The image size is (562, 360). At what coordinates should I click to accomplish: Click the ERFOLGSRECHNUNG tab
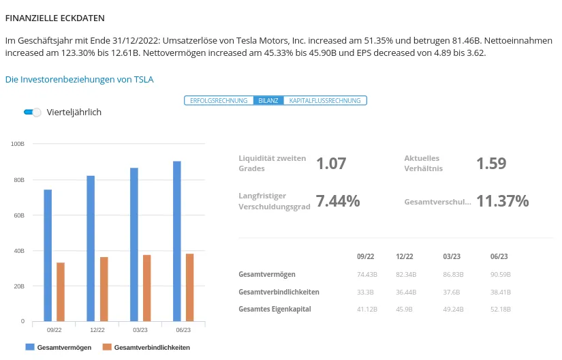coord(219,100)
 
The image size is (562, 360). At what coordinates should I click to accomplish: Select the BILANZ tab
coord(268,100)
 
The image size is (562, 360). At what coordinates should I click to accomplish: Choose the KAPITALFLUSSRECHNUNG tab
coord(325,100)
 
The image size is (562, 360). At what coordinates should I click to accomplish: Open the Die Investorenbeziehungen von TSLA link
coord(79,79)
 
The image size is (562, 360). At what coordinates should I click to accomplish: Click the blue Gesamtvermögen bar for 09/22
coord(48,255)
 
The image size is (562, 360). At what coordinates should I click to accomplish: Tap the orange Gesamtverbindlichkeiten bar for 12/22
coord(104,288)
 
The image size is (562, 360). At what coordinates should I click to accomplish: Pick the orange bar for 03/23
coord(146,287)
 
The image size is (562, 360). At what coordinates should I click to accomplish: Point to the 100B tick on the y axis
coord(18,145)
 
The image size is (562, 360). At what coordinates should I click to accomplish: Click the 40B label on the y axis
coord(18,251)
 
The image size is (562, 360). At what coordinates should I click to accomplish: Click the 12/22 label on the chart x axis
coord(97,330)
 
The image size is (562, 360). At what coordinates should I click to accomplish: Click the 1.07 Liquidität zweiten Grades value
coord(331,164)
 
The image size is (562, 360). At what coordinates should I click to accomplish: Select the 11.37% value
coord(502,201)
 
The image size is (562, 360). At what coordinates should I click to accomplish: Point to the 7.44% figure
coord(338,201)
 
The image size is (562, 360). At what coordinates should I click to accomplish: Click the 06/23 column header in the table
coord(499,257)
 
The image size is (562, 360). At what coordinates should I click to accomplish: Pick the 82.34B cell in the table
coord(405,274)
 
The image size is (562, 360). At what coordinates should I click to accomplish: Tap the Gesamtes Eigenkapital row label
coord(275,309)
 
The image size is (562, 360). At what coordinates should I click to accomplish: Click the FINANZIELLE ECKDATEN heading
coord(55,18)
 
